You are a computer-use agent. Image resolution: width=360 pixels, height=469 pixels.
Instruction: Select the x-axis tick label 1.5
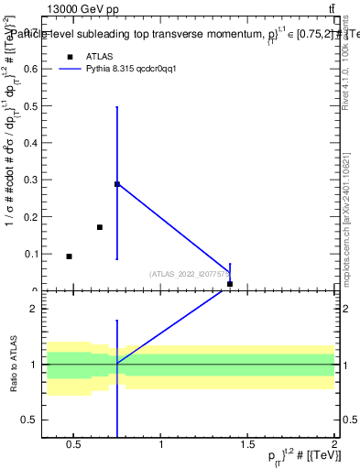247,445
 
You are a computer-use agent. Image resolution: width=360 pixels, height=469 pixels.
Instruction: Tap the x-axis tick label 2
334,445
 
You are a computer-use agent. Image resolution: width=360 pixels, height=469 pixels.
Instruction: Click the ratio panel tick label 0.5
30,420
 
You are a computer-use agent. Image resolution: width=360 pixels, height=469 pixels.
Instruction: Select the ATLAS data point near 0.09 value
69,256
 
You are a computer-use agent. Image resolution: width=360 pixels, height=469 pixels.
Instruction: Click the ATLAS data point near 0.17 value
100,227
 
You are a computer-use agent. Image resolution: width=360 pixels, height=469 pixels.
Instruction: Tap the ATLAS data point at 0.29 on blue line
117,184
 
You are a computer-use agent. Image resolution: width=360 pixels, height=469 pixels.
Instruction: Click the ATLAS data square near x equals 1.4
230,284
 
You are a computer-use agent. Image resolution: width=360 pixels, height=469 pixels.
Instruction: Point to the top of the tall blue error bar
117,107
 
